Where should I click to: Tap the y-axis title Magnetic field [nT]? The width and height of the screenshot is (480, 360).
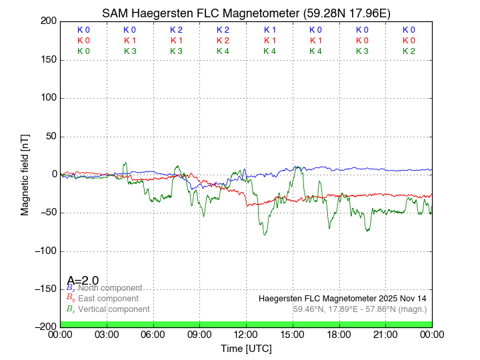coord(25,173)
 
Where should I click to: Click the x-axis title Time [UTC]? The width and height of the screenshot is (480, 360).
coord(246,349)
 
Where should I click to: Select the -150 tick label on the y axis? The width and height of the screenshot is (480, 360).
coord(45,289)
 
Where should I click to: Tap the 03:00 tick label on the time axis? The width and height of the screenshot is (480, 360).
coord(107,335)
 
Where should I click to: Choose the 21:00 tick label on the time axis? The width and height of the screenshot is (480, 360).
coord(385,335)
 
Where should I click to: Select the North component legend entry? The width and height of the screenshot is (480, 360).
coord(109,288)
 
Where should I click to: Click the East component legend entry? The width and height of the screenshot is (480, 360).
coord(108,299)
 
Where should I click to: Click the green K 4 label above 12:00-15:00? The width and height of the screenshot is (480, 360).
coord(269,51)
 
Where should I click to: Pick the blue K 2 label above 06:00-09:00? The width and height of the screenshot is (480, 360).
coord(176,30)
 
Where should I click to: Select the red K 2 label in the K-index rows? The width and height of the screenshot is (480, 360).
coord(223,41)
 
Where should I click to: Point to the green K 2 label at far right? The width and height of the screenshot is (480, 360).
coord(409,51)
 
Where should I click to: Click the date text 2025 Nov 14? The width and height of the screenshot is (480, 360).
coord(399,298)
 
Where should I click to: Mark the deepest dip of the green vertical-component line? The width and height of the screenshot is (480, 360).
coord(265,234)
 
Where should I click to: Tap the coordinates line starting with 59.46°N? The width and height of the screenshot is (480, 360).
coord(360,309)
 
